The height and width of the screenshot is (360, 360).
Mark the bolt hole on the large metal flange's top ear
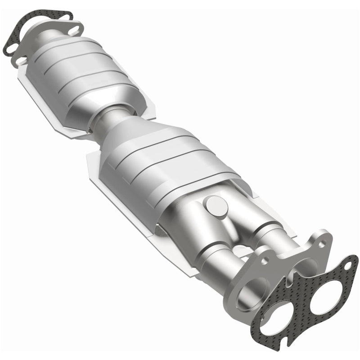pyautogui.click(x=322, y=243)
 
